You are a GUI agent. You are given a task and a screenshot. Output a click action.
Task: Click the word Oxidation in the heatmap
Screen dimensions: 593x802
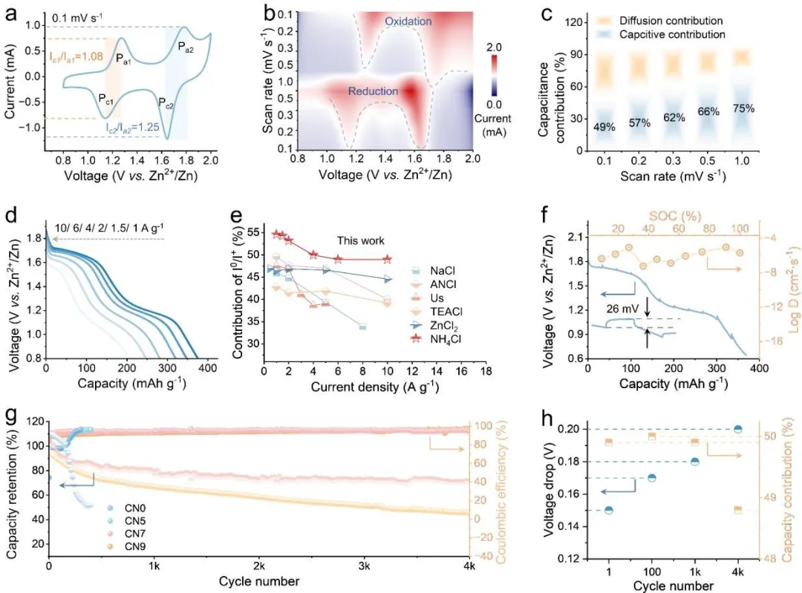408,22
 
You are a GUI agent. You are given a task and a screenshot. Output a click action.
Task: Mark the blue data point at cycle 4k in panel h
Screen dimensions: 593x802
737,429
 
